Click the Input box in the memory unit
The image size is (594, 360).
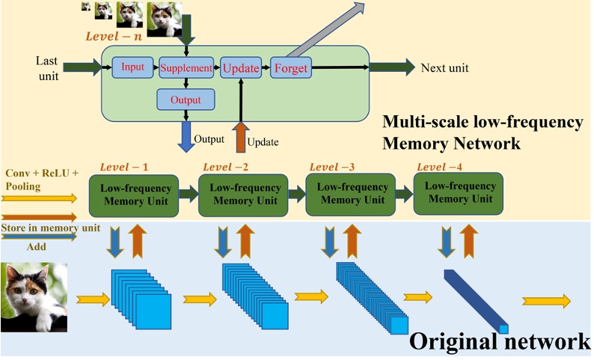click(x=132, y=67)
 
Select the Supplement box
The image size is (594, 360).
click(x=186, y=68)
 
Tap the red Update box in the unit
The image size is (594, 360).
click(x=239, y=68)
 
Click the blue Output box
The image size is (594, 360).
click(x=186, y=99)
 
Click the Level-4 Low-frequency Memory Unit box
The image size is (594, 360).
click(x=458, y=193)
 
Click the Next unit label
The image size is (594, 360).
click(x=444, y=67)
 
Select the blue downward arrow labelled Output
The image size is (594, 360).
click(x=186, y=134)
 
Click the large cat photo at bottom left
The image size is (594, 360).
click(x=34, y=296)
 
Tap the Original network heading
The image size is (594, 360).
click(x=499, y=341)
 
